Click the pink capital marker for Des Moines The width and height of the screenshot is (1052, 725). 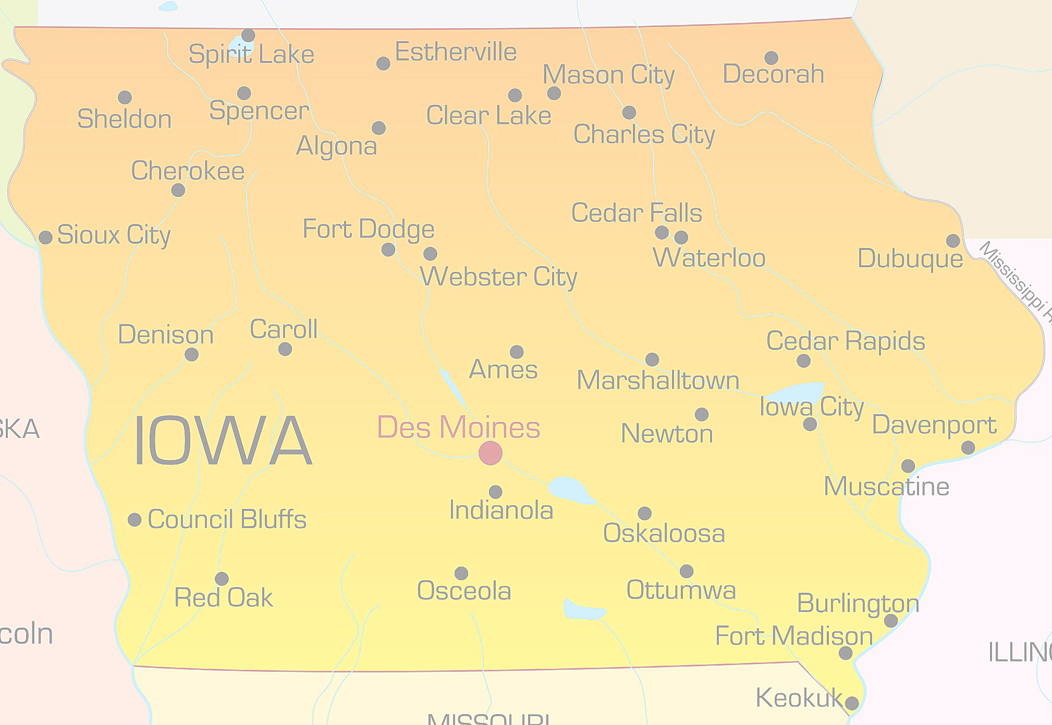pos(491,453)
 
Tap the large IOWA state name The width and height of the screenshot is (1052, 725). pos(223,441)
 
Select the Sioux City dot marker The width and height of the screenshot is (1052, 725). pos(46,238)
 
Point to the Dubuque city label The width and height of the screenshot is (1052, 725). pos(910,259)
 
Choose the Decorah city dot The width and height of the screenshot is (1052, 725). pos(772,58)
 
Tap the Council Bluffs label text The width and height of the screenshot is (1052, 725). pos(227,519)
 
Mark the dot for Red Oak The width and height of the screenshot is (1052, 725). pos(222,579)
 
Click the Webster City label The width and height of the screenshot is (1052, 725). pos(499,277)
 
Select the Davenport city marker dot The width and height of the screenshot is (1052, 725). pos(968,447)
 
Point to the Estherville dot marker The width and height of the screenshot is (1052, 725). pos(383,64)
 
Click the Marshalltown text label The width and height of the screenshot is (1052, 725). pos(658,381)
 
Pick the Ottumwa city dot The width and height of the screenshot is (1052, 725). pos(687,571)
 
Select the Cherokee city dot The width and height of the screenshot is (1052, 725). pos(178,190)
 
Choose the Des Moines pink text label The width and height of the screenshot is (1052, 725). pos(459,427)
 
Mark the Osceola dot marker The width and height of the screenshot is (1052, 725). pos(461,573)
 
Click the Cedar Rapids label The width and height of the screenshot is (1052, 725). pos(846,341)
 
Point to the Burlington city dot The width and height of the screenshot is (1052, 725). pos(891,621)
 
